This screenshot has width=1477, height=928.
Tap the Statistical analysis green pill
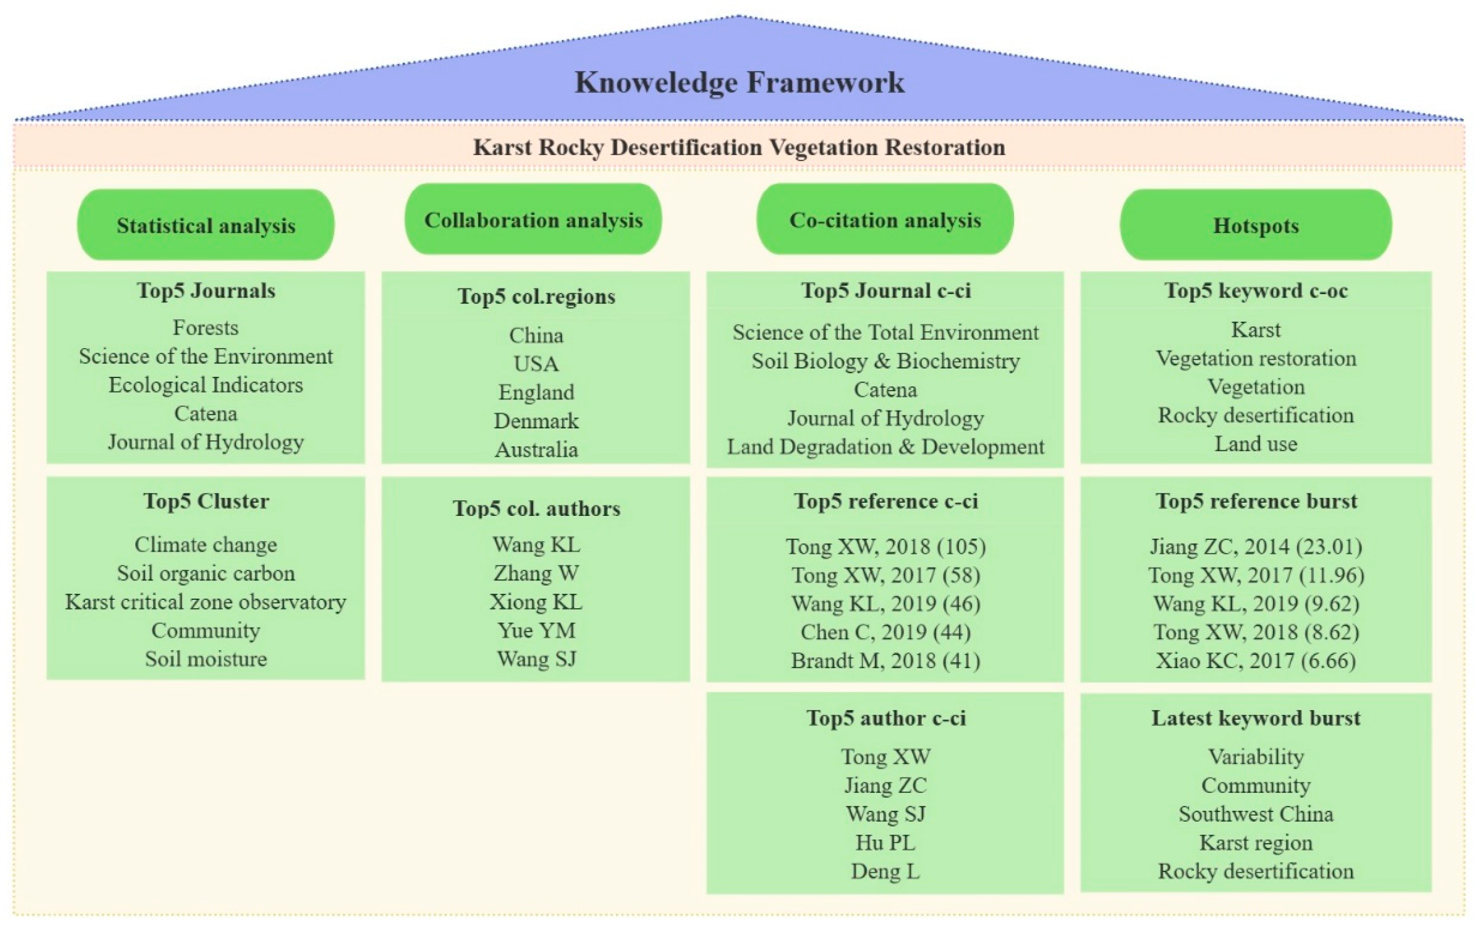(x=206, y=225)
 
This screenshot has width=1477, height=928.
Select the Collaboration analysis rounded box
(x=533, y=220)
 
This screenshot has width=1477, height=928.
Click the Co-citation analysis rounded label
(x=885, y=220)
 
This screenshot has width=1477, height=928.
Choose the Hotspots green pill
(x=1256, y=225)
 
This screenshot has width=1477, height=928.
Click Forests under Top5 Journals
(x=206, y=328)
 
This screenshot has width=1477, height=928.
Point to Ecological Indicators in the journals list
(x=206, y=385)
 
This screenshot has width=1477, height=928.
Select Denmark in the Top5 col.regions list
(x=536, y=421)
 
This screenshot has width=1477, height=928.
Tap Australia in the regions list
(x=536, y=450)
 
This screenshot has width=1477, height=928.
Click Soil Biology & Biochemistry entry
(x=885, y=361)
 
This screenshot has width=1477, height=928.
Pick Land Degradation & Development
(x=885, y=447)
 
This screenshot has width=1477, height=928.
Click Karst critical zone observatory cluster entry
(x=206, y=602)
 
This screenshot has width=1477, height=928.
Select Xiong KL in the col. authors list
(x=536, y=602)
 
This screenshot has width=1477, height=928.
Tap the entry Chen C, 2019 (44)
(x=885, y=632)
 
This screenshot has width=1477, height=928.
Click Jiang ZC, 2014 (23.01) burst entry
(x=1256, y=546)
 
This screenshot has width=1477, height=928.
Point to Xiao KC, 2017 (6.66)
(x=1256, y=661)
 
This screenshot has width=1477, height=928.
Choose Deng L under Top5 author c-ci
(x=885, y=871)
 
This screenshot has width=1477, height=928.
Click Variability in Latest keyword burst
(x=1256, y=756)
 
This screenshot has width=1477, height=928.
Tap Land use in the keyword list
(x=1256, y=444)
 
